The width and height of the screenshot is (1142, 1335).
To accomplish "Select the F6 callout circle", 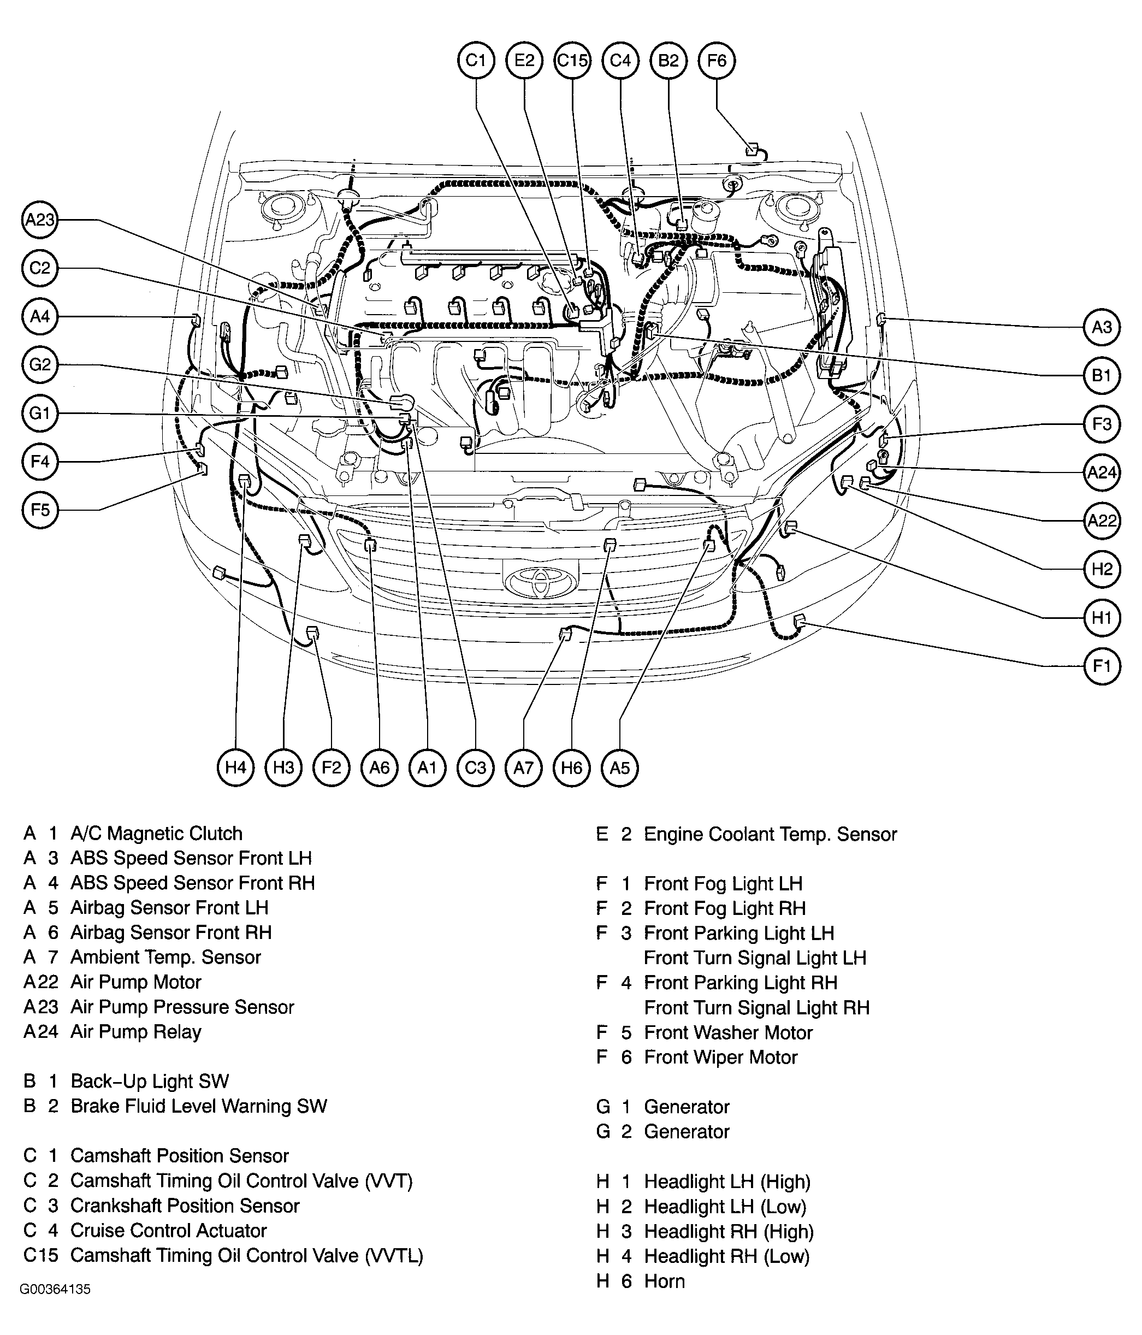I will (x=716, y=61).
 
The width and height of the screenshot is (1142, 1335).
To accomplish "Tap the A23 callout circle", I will (x=40, y=220).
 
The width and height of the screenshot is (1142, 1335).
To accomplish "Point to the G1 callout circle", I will (x=40, y=413).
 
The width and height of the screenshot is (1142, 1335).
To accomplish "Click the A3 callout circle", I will (x=1102, y=327).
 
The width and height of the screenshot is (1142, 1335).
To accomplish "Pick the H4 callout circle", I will (x=236, y=767).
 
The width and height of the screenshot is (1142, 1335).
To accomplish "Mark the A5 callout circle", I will (x=620, y=767).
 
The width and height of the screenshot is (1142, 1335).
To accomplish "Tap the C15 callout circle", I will (x=572, y=61).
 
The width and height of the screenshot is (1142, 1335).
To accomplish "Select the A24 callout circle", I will (x=1102, y=472).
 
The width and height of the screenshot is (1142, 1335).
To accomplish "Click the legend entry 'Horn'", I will (x=664, y=1281).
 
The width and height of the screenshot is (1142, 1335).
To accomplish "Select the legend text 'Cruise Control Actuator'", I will (x=168, y=1230).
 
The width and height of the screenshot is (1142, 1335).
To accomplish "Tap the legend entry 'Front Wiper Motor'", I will (x=720, y=1056).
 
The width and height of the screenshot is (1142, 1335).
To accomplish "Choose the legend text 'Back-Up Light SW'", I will (x=150, y=1080).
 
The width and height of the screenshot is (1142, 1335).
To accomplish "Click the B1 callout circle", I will (x=1102, y=376).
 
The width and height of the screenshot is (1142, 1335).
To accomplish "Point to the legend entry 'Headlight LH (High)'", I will (x=726, y=1181).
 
